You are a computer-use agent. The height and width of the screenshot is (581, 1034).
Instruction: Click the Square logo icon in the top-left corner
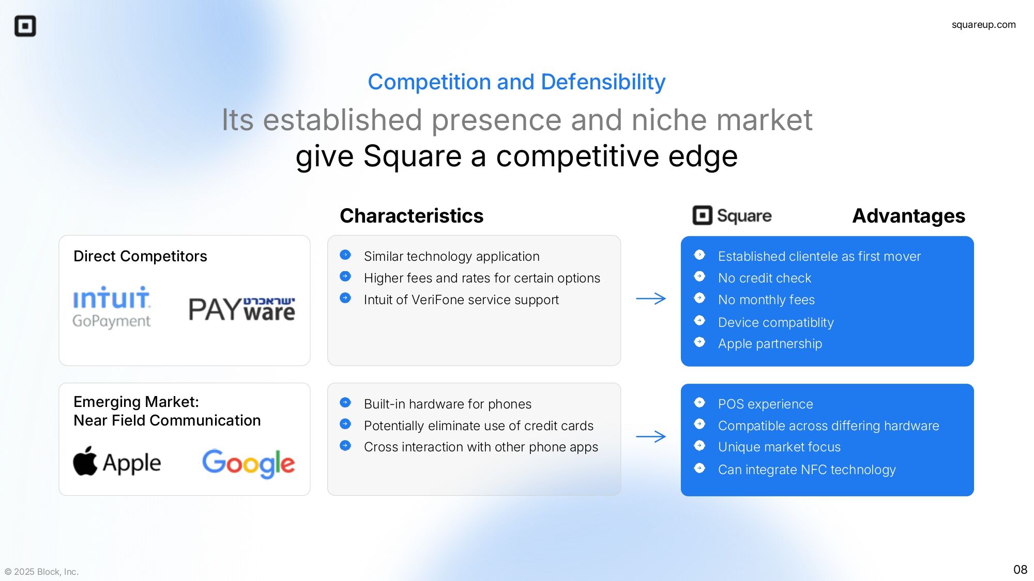click(x=25, y=26)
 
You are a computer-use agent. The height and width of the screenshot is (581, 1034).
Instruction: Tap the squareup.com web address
click(x=983, y=25)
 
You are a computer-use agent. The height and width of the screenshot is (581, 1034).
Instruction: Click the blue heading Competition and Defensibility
click(x=516, y=82)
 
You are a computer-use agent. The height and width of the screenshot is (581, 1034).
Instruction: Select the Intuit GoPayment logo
click(x=112, y=307)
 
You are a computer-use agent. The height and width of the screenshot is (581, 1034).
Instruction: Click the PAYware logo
click(x=241, y=309)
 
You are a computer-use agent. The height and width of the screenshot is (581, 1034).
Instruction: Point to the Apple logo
click(x=117, y=462)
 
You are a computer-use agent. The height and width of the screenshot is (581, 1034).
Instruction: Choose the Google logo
click(x=248, y=463)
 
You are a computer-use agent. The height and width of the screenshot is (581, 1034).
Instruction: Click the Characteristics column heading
click(x=412, y=216)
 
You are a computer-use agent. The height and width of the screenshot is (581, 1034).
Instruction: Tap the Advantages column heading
click(x=908, y=216)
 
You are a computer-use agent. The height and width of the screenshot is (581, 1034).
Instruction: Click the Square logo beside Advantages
click(x=732, y=215)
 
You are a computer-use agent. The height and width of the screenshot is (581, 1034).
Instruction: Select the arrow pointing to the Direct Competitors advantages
click(x=651, y=299)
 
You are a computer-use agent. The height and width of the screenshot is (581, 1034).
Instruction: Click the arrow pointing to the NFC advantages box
click(x=651, y=437)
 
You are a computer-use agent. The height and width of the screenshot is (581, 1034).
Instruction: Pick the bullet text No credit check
click(x=765, y=278)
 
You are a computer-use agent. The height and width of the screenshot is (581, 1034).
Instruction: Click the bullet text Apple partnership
click(x=770, y=344)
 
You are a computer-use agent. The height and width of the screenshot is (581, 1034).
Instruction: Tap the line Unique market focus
click(x=779, y=447)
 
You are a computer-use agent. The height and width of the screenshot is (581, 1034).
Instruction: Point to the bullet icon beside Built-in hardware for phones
click(x=345, y=402)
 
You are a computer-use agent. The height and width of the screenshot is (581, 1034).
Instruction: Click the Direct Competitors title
click(x=140, y=256)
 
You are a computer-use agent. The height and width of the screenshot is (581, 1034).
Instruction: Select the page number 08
click(x=1020, y=570)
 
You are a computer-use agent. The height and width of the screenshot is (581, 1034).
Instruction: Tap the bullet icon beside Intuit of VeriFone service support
click(x=345, y=298)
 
